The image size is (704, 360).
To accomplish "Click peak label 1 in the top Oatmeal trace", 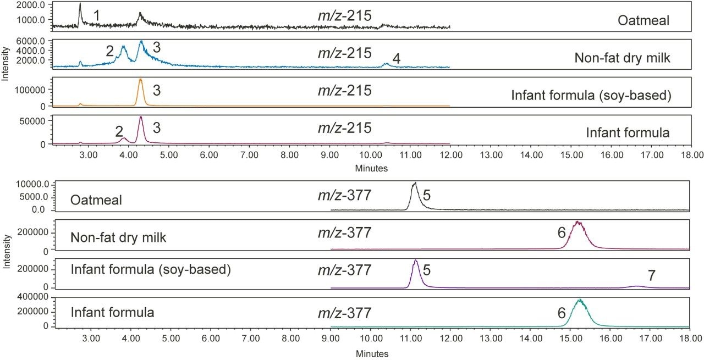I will pos(96,15).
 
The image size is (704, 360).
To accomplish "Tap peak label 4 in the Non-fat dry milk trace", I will pos(396,58).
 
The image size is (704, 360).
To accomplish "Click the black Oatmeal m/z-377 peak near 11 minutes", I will pos(414,186).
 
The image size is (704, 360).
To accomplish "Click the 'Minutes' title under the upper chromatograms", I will pos(372,168).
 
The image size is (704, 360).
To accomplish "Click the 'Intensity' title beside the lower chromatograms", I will pos(5,253).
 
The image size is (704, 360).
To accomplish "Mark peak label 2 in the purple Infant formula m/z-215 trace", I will pos(119,131).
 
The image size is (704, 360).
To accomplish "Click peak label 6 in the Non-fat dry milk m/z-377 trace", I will pos(562,233).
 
